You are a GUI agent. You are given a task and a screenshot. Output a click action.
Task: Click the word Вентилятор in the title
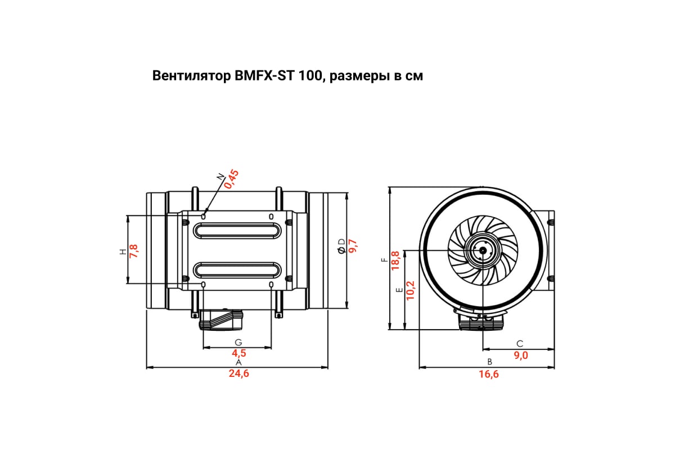(190, 76)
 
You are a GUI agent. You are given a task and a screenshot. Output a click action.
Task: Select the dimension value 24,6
(238, 374)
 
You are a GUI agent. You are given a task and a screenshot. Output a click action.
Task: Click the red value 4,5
(239, 353)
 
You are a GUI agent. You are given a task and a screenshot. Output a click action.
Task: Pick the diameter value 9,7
(353, 246)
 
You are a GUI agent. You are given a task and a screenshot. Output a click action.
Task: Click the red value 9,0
(521, 355)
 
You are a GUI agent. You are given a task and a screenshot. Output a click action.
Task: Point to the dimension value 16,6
(489, 374)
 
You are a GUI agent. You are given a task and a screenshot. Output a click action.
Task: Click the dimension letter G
(238, 342)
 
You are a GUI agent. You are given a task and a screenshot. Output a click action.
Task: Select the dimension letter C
(520, 343)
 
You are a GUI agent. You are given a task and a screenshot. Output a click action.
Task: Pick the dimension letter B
(489, 362)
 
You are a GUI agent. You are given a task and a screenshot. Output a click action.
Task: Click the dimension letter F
(384, 260)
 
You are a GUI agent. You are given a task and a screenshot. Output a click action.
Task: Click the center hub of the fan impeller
(482, 250)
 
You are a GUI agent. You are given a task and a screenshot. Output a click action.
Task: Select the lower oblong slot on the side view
(239, 269)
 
